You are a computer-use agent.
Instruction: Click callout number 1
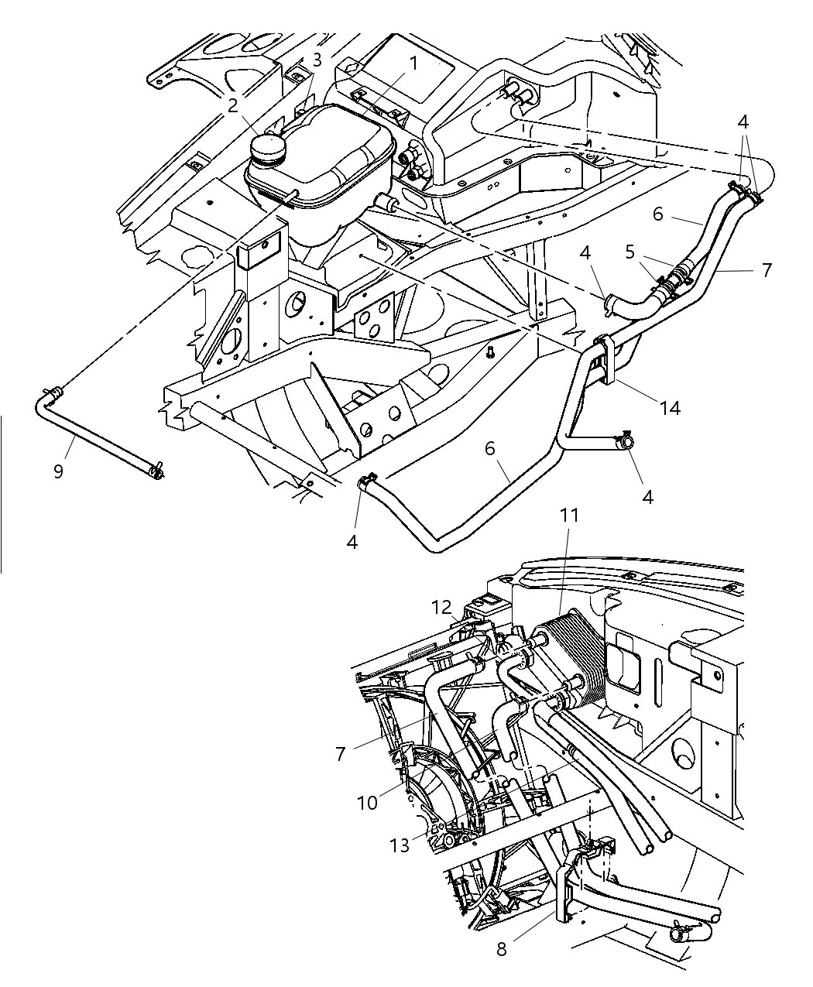pyautogui.click(x=413, y=63)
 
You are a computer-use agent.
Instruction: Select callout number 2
pyautogui.click(x=232, y=106)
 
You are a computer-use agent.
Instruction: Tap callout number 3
pyautogui.click(x=317, y=60)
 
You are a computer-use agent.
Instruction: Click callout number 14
pyautogui.click(x=671, y=406)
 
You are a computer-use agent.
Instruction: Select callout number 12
pyautogui.click(x=441, y=608)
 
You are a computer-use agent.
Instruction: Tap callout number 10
pyautogui.click(x=367, y=803)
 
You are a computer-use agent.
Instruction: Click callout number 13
pyautogui.click(x=400, y=846)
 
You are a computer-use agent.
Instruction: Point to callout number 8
pyautogui.click(x=502, y=948)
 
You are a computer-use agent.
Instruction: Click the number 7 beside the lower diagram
pyautogui.click(x=341, y=753)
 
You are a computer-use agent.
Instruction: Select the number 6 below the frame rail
pyautogui.click(x=489, y=449)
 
